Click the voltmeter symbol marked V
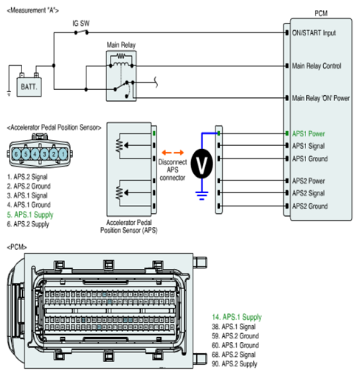coord(201,164)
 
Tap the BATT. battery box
coord(29,87)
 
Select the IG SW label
coord(81,24)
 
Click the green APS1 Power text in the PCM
coord(308,133)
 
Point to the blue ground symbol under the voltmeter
coord(202,195)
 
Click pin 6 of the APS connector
coord(16,154)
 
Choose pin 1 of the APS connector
coord(63,154)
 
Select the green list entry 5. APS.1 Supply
coord(30,215)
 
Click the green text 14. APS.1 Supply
coord(237,317)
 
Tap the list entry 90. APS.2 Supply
coord(235,364)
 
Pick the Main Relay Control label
coord(316,66)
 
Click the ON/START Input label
coord(314,33)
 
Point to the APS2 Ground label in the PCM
coord(310,206)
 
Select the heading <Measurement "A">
coord(33,10)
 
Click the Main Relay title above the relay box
coord(121,45)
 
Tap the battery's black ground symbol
coord(9,94)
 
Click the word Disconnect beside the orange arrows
coord(173,162)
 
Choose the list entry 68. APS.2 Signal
coord(234,355)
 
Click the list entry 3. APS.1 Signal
coord(27,195)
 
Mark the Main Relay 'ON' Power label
coord(321,98)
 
